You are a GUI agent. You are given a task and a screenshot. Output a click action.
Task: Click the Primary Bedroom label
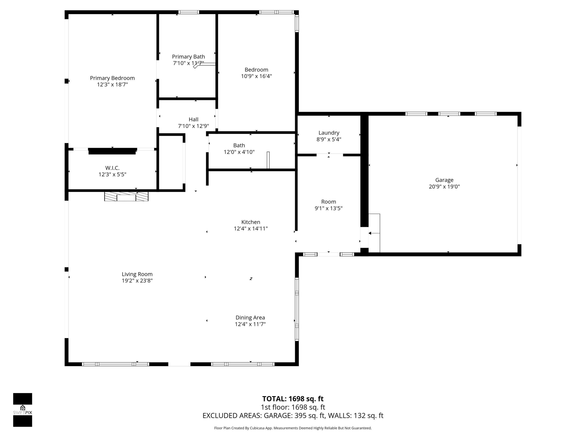pyautogui.click(x=112, y=78)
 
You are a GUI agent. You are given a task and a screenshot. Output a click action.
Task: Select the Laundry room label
pyautogui.click(x=329, y=133)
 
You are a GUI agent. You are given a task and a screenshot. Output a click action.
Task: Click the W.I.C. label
pyautogui.click(x=112, y=168)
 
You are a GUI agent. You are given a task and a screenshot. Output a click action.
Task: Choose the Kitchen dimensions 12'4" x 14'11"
pyautogui.click(x=251, y=229)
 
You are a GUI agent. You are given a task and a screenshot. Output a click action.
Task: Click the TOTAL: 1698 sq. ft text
pyautogui.click(x=293, y=399)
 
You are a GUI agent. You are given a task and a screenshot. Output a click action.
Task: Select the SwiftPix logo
pyautogui.click(x=23, y=410)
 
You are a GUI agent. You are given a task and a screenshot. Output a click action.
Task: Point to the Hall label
pyautogui.click(x=193, y=120)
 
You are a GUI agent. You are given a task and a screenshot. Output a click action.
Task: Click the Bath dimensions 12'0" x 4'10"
pyautogui.click(x=239, y=152)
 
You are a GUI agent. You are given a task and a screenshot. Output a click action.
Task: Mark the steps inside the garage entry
pyautogui.click(x=374, y=233)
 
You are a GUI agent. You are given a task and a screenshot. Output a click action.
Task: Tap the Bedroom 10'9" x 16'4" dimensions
pyautogui.click(x=256, y=76)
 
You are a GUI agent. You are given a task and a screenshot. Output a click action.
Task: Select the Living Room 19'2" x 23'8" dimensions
pyautogui.click(x=137, y=281)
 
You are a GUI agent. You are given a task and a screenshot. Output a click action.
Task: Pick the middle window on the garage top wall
pyautogui.click(x=449, y=114)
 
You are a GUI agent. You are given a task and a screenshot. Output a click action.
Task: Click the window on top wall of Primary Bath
pyautogui.click(x=188, y=12)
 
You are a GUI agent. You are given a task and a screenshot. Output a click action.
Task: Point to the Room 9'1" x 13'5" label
pyautogui.click(x=328, y=202)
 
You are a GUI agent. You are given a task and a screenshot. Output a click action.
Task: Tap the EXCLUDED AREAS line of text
pyautogui.click(x=293, y=416)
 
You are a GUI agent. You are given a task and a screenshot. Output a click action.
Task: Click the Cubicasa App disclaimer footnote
pyautogui.click(x=293, y=428)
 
